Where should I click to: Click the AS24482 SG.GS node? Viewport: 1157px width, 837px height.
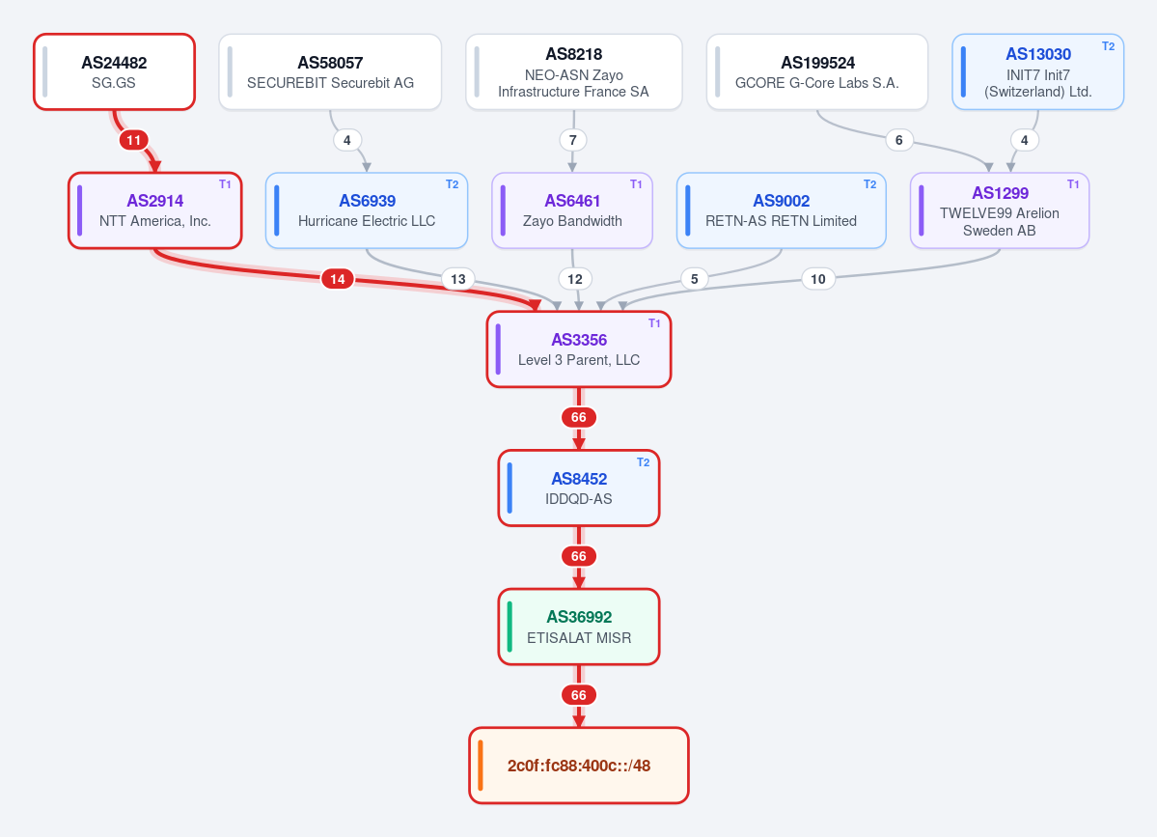(115, 71)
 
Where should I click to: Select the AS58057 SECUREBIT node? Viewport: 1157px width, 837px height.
(330, 71)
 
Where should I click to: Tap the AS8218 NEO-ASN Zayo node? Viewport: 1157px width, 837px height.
(574, 71)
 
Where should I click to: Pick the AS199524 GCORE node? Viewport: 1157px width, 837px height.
(816, 71)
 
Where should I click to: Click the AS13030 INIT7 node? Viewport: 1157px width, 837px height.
(1038, 71)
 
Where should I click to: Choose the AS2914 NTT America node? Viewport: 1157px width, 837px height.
(155, 210)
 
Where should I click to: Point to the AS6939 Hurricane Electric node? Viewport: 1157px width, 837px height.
(367, 210)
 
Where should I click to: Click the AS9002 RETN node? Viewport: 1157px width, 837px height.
(782, 210)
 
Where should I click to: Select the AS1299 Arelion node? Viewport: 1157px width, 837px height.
(1000, 210)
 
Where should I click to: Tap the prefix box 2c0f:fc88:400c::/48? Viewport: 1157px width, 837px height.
(579, 766)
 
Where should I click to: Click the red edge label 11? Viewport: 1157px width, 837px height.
(133, 140)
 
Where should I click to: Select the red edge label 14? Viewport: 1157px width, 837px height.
(337, 279)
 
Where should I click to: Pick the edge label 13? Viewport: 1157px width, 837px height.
(458, 279)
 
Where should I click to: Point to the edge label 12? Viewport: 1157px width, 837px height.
(575, 279)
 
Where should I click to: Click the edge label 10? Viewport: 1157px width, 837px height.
(817, 279)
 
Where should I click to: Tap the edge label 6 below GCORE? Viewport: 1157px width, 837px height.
(898, 140)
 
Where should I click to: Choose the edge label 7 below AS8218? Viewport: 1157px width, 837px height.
(573, 140)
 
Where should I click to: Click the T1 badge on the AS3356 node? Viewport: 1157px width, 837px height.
(654, 323)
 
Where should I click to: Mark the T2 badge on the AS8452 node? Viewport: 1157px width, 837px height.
(644, 462)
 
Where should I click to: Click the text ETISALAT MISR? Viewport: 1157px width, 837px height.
(579, 638)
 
